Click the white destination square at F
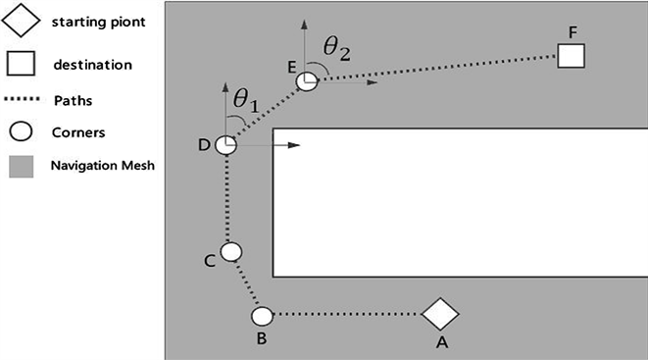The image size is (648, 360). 571,56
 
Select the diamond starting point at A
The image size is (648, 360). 440,314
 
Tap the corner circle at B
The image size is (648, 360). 262,317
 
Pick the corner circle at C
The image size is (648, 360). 231,252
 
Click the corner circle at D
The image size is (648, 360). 226,145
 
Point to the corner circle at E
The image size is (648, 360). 307,81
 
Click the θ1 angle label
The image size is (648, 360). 246,100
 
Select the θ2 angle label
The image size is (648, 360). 337,49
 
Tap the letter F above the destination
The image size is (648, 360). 573,32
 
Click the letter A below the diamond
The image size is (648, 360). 442,342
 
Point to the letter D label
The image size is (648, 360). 204,145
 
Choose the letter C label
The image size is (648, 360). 210,261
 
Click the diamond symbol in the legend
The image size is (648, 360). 21,21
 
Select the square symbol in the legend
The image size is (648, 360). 21,63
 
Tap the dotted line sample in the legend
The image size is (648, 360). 22,99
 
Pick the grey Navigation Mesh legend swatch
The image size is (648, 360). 21,167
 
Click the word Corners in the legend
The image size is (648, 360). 78,132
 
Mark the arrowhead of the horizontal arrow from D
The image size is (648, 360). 294,145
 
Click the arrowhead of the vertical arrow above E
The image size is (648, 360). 305,24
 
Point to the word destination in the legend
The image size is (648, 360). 92,65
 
